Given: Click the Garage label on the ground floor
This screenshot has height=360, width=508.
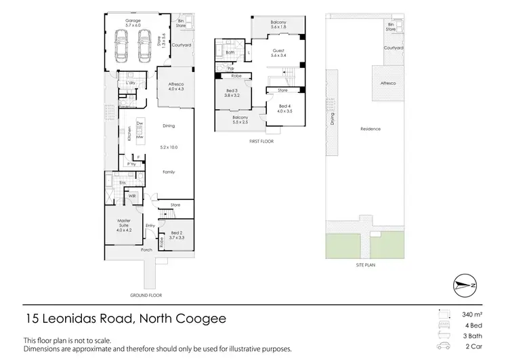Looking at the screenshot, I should [133, 21].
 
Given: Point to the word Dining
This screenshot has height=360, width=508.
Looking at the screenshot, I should [169, 126].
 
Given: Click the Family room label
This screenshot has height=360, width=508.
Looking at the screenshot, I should [169, 172].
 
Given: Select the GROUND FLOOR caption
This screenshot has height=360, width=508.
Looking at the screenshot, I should [146, 295].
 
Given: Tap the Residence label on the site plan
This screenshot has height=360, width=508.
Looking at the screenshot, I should [371, 129].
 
